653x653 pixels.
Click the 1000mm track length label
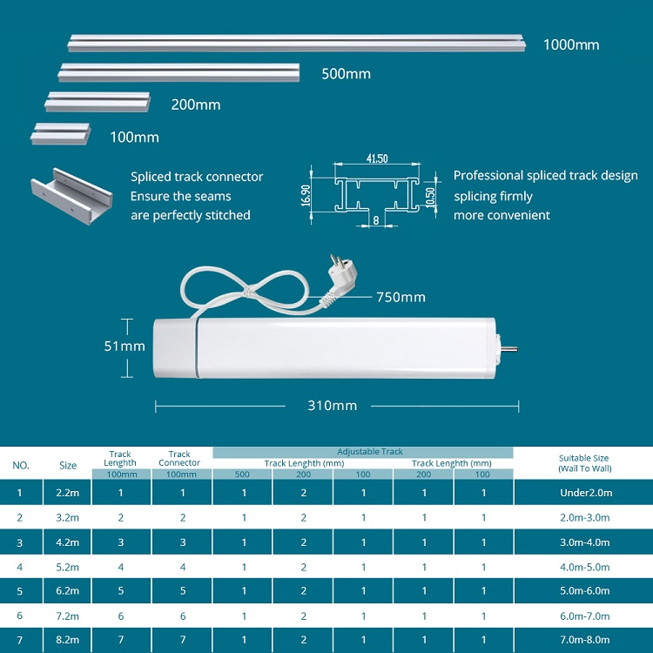[x=571, y=45]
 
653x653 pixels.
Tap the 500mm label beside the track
[x=346, y=74]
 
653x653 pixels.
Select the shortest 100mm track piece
[x=60, y=134]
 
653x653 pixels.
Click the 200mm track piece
[x=98, y=102]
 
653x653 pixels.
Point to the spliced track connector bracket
[x=71, y=196]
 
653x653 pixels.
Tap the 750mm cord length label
[x=401, y=298]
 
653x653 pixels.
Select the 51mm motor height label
[x=125, y=346]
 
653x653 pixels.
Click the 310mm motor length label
[x=332, y=406]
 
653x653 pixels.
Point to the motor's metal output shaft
[x=511, y=349]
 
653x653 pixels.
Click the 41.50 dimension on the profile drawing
[x=377, y=158]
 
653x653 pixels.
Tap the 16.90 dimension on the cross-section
[x=306, y=195]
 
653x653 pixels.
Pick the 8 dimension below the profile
[x=376, y=220]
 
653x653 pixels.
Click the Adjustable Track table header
[x=370, y=451]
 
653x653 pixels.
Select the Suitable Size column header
[x=584, y=463]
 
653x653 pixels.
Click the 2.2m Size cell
[x=67, y=493]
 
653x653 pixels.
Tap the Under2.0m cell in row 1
[x=586, y=493]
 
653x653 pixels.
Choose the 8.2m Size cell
[x=67, y=640]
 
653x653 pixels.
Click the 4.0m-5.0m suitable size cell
[x=585, y=567]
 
